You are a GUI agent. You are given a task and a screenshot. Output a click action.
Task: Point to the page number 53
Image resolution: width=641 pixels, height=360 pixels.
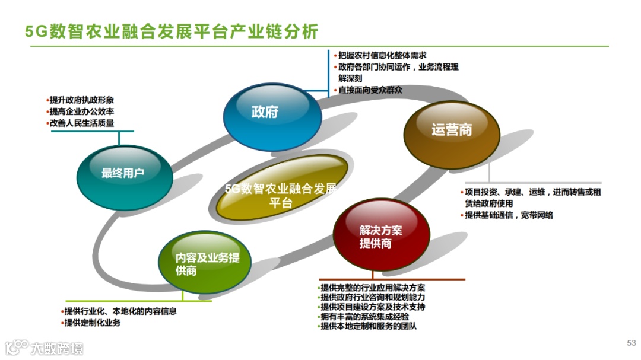pyautogui.click(x=631, y=343)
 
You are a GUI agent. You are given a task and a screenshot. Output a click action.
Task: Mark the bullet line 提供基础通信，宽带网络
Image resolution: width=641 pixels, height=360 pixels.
pyautogui.click(x=509, y=215)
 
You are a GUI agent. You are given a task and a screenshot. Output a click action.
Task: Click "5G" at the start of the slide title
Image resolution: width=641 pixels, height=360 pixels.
pyautogui.click(x=35, y=31)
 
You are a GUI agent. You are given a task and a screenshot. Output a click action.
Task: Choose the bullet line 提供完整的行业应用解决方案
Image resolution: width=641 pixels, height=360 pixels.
pyautogui.click(x=372, y=288)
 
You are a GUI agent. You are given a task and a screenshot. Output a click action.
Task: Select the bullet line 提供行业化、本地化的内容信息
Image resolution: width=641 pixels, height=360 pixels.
pyautogui.click(x=120, y=311)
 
